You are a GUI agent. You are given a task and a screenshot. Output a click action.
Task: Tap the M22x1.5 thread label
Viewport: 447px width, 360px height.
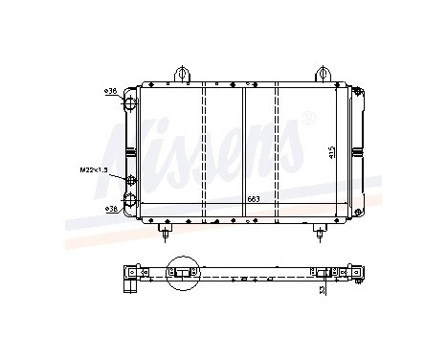[x=94, y=170]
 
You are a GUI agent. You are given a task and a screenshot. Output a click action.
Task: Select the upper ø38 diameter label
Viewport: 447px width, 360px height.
[x=110, y=91]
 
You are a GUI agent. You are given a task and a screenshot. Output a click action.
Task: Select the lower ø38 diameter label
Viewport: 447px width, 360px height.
[x=110, y=207]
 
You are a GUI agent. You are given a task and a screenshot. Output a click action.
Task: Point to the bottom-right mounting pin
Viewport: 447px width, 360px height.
[x=319, y=230]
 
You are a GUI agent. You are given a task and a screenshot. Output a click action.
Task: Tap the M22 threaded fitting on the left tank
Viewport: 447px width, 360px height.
[x=128, y=172]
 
